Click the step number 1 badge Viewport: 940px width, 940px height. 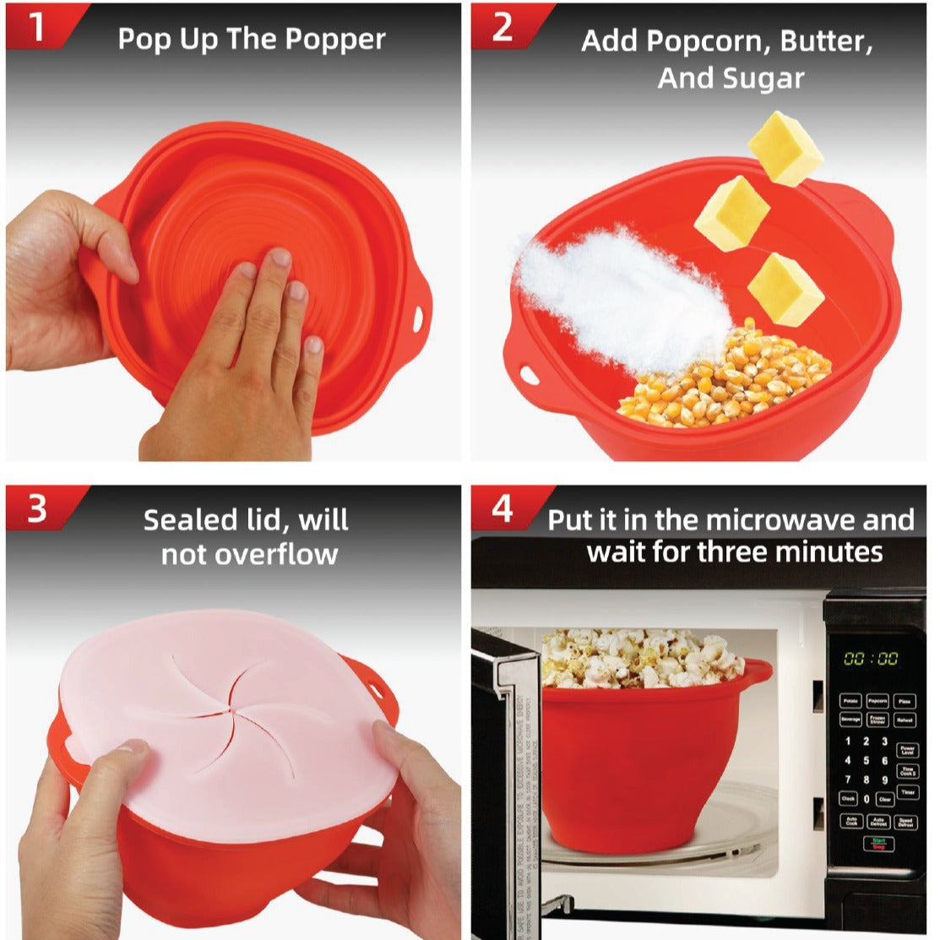[37, 26]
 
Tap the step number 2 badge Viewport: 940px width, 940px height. [502, 26]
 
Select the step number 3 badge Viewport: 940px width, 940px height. [37, 509]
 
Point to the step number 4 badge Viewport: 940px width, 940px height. [503, 509]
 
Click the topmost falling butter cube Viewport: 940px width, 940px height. [785, 149]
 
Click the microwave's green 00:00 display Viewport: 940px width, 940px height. [872, 659]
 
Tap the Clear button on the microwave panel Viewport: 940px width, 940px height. [884, 799]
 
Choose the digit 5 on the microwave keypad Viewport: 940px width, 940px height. [866, 761]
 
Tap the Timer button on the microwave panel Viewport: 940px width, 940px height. [907, 792]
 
